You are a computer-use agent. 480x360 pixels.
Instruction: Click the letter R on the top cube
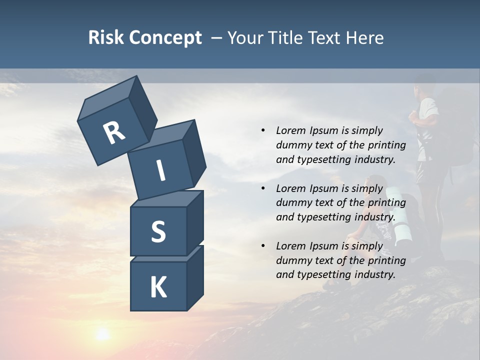[114, 132]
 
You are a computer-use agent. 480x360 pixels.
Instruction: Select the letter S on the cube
[158, 231]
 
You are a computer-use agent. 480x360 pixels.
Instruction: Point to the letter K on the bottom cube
[158, 287]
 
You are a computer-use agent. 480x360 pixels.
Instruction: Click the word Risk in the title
[105, 37]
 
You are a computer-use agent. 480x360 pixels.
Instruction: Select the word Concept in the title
[164, 38]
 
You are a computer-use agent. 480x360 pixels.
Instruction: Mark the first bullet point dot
[263, 131]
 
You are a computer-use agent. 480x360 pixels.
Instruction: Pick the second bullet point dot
[263, 189]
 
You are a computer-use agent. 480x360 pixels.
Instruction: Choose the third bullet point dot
[263, 246]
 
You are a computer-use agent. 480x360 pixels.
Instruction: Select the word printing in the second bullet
[386, 202]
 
